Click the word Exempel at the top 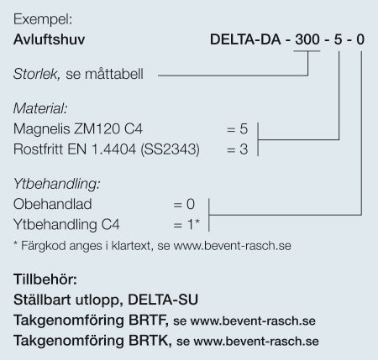click(43, 20)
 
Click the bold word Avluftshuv click(49, 39)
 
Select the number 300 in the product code click(307, 39)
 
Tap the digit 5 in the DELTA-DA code click(338, 39)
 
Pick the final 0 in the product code click(360, 39)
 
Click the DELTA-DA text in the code click(245, 39)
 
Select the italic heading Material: click(40, 108)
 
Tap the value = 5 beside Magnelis click(237, 129)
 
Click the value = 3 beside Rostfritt click(237, 149)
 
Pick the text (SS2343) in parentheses click(170, 149)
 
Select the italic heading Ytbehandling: click(56, 184)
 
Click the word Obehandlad click(52, 204)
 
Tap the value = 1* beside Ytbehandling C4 click(186, 224)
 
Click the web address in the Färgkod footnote click(233, 246)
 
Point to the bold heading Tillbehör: click(45, 279)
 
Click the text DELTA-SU click(163, 300)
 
